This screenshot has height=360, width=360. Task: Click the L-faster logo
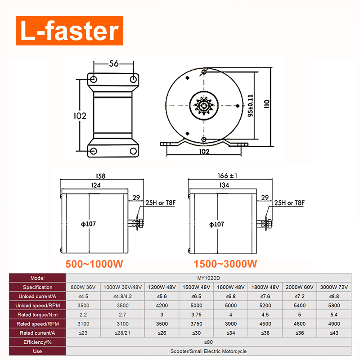click(69, 31)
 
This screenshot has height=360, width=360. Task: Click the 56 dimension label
click(114, 63)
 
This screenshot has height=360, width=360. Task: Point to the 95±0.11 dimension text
click(251, 106)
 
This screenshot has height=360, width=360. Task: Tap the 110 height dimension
click(266, 104)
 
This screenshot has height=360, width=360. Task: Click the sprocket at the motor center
click(204, 106)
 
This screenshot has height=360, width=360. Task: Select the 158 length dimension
click(100, 176)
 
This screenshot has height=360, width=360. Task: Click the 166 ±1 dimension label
click(227, 175)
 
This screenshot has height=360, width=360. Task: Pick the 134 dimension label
click(224, 185)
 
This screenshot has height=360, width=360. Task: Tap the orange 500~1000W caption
click(94, 264)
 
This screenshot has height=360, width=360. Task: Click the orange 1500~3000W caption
click(225, 264)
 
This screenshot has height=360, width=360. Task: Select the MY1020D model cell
click(208, 278)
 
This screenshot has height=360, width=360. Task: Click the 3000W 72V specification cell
click(334, 287)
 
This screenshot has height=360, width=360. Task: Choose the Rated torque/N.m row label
click(37, 315)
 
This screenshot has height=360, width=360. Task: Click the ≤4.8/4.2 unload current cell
click(122, 297)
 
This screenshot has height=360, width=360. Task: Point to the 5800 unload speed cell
click(334, 306)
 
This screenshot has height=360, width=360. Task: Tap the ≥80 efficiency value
click(208, 342)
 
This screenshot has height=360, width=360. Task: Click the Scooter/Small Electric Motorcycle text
click(208, 351)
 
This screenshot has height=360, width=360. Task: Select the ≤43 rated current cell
click(334, 333)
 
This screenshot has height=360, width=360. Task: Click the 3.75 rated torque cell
click(196, 315)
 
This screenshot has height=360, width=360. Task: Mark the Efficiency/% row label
click(37, 342)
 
